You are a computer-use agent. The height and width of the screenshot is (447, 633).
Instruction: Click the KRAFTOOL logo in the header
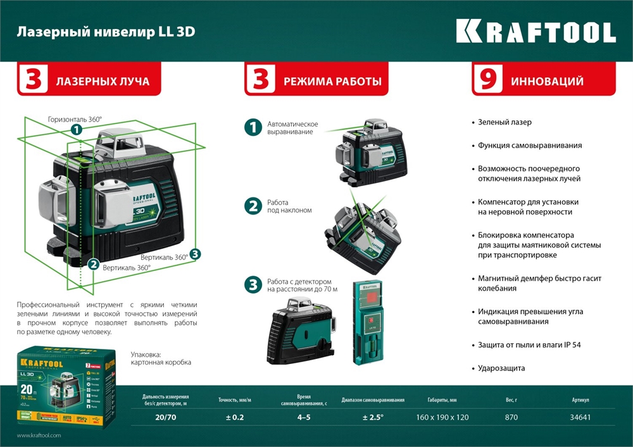click(536, 32)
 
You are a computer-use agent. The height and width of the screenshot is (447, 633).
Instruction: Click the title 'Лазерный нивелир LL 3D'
click(106, 32)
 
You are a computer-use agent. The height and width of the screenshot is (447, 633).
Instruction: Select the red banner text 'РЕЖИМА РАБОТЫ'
click(332, 81)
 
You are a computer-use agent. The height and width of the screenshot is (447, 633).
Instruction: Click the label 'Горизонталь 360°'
click(75, 118)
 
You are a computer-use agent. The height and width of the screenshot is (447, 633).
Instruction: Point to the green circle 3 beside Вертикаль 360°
click(195, 254)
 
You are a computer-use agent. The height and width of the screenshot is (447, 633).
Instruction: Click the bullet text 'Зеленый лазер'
click(505, 122)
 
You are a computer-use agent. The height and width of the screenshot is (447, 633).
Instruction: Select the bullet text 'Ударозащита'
click(501, 368)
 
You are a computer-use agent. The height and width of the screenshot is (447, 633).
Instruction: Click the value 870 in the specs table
click(511, 417)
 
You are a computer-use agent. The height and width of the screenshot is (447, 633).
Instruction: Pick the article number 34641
click(580, 417)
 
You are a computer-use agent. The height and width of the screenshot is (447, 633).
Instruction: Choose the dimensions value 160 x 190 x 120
click(442, 417)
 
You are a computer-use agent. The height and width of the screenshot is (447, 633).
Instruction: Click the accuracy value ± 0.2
click(234, 417)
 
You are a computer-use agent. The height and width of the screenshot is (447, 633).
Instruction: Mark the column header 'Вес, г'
click(511, 400)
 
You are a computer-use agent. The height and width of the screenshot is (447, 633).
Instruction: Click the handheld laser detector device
click(367, 322)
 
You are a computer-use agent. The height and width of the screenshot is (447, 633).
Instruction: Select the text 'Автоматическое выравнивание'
click(292, 128)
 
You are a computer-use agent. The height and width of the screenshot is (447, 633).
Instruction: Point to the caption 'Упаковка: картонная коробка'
click(161, 359)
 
